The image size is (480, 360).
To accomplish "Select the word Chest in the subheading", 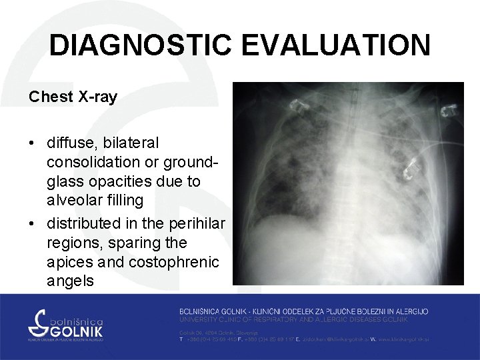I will point(51,97).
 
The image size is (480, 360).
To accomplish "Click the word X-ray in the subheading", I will point(97,97).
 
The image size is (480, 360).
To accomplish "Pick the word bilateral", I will point(129,143).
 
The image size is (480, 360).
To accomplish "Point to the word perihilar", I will point(196,222).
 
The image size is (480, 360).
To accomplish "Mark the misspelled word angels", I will point(70,281).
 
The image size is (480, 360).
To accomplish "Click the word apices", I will point(70,261).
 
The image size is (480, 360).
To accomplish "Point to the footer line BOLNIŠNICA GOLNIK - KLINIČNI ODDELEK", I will point(303,311).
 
